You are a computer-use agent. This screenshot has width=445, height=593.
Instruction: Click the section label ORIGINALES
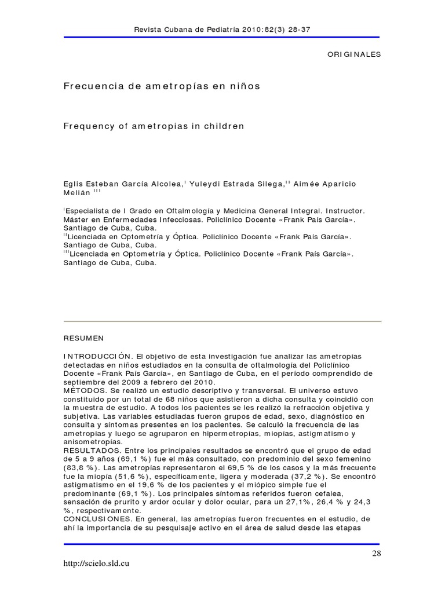354,54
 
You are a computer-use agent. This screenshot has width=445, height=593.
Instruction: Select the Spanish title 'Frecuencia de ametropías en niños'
162,86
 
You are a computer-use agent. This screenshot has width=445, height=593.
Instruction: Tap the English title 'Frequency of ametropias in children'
154,126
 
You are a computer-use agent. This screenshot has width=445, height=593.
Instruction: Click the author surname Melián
77,193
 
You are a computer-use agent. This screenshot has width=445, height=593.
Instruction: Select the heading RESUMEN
83,338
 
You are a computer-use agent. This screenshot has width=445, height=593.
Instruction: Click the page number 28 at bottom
377,554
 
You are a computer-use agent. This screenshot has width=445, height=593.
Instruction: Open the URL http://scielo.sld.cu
97,563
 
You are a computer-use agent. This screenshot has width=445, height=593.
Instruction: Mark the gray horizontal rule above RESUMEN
222,321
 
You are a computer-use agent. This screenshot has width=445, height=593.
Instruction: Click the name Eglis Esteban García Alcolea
123,184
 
